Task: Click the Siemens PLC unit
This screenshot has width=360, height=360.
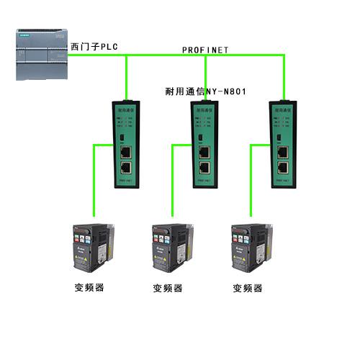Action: (x=40, y=55)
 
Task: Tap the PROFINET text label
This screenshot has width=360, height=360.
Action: (x=204, y=50)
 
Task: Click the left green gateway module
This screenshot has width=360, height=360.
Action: (x=127, y=143)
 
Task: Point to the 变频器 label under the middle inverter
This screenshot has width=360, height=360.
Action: (x=168, y=288)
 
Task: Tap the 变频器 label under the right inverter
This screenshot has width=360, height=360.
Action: (x=248, y=288)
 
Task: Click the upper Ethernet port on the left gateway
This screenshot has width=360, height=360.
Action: (x=126, y=152)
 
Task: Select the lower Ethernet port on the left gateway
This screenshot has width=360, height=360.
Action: (x=126, y=168)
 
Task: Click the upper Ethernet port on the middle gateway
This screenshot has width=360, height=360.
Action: (x=204, y=152)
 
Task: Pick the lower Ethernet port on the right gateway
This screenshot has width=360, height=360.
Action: (x=284, y=168)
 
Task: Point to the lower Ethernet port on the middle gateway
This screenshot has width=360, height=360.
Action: (x=204, y=168)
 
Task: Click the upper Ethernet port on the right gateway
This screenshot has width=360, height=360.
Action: (x=284, y=152)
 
